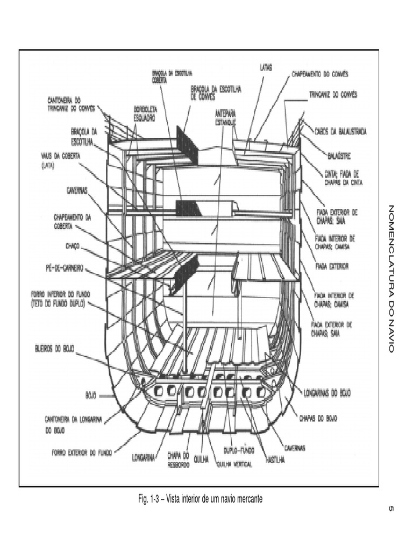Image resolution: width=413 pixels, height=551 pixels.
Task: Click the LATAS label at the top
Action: tap(266, 68)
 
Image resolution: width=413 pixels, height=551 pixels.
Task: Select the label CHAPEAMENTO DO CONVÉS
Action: tap(320, 73)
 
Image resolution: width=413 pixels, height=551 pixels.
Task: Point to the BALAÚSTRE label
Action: tap(339, 157)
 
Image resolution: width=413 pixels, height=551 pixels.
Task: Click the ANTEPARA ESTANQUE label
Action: tap(225, 118)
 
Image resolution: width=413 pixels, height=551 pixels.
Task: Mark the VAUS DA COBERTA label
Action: tap(61, 160)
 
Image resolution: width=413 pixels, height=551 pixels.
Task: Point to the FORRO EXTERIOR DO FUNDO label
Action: tap(82, 453)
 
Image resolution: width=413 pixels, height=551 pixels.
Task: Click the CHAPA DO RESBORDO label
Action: tap(177, 459)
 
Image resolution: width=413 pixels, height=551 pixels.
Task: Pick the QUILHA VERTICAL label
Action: tap(234, 464)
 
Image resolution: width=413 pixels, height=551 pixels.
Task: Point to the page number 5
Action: tap(391, 510)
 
